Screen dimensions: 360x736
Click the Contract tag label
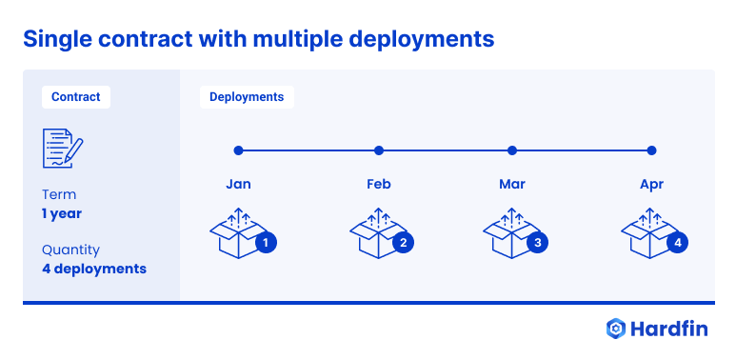76,97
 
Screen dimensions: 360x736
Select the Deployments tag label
247,97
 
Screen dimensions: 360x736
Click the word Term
59,195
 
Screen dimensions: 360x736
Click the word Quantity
70,250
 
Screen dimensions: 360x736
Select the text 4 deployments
94,269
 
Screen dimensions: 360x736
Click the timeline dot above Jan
239,150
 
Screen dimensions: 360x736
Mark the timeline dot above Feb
379,150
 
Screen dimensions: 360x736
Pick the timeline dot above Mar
512,150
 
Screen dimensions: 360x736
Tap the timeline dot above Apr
652,150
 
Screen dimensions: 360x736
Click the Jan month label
239,184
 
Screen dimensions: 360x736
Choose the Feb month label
379,184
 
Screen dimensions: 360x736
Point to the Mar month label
512,184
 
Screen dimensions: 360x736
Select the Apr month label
652,184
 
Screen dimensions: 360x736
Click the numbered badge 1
267,243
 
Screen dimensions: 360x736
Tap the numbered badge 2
404,243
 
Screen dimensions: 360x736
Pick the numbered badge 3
538,243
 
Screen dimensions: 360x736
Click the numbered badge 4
678,243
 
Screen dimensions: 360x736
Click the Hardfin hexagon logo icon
616,329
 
